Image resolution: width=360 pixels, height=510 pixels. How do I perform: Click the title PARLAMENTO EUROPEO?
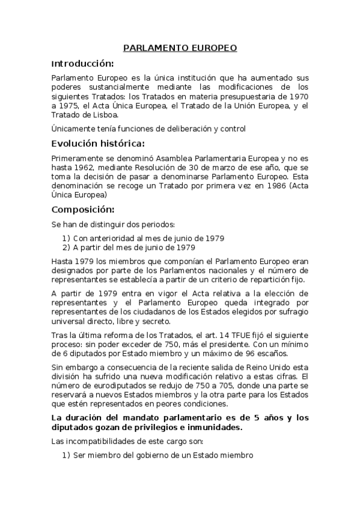pos(180,48)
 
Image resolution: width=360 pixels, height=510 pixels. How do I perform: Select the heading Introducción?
pos(82,63)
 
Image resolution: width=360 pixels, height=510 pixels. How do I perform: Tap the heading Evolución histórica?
pos(97,143)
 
